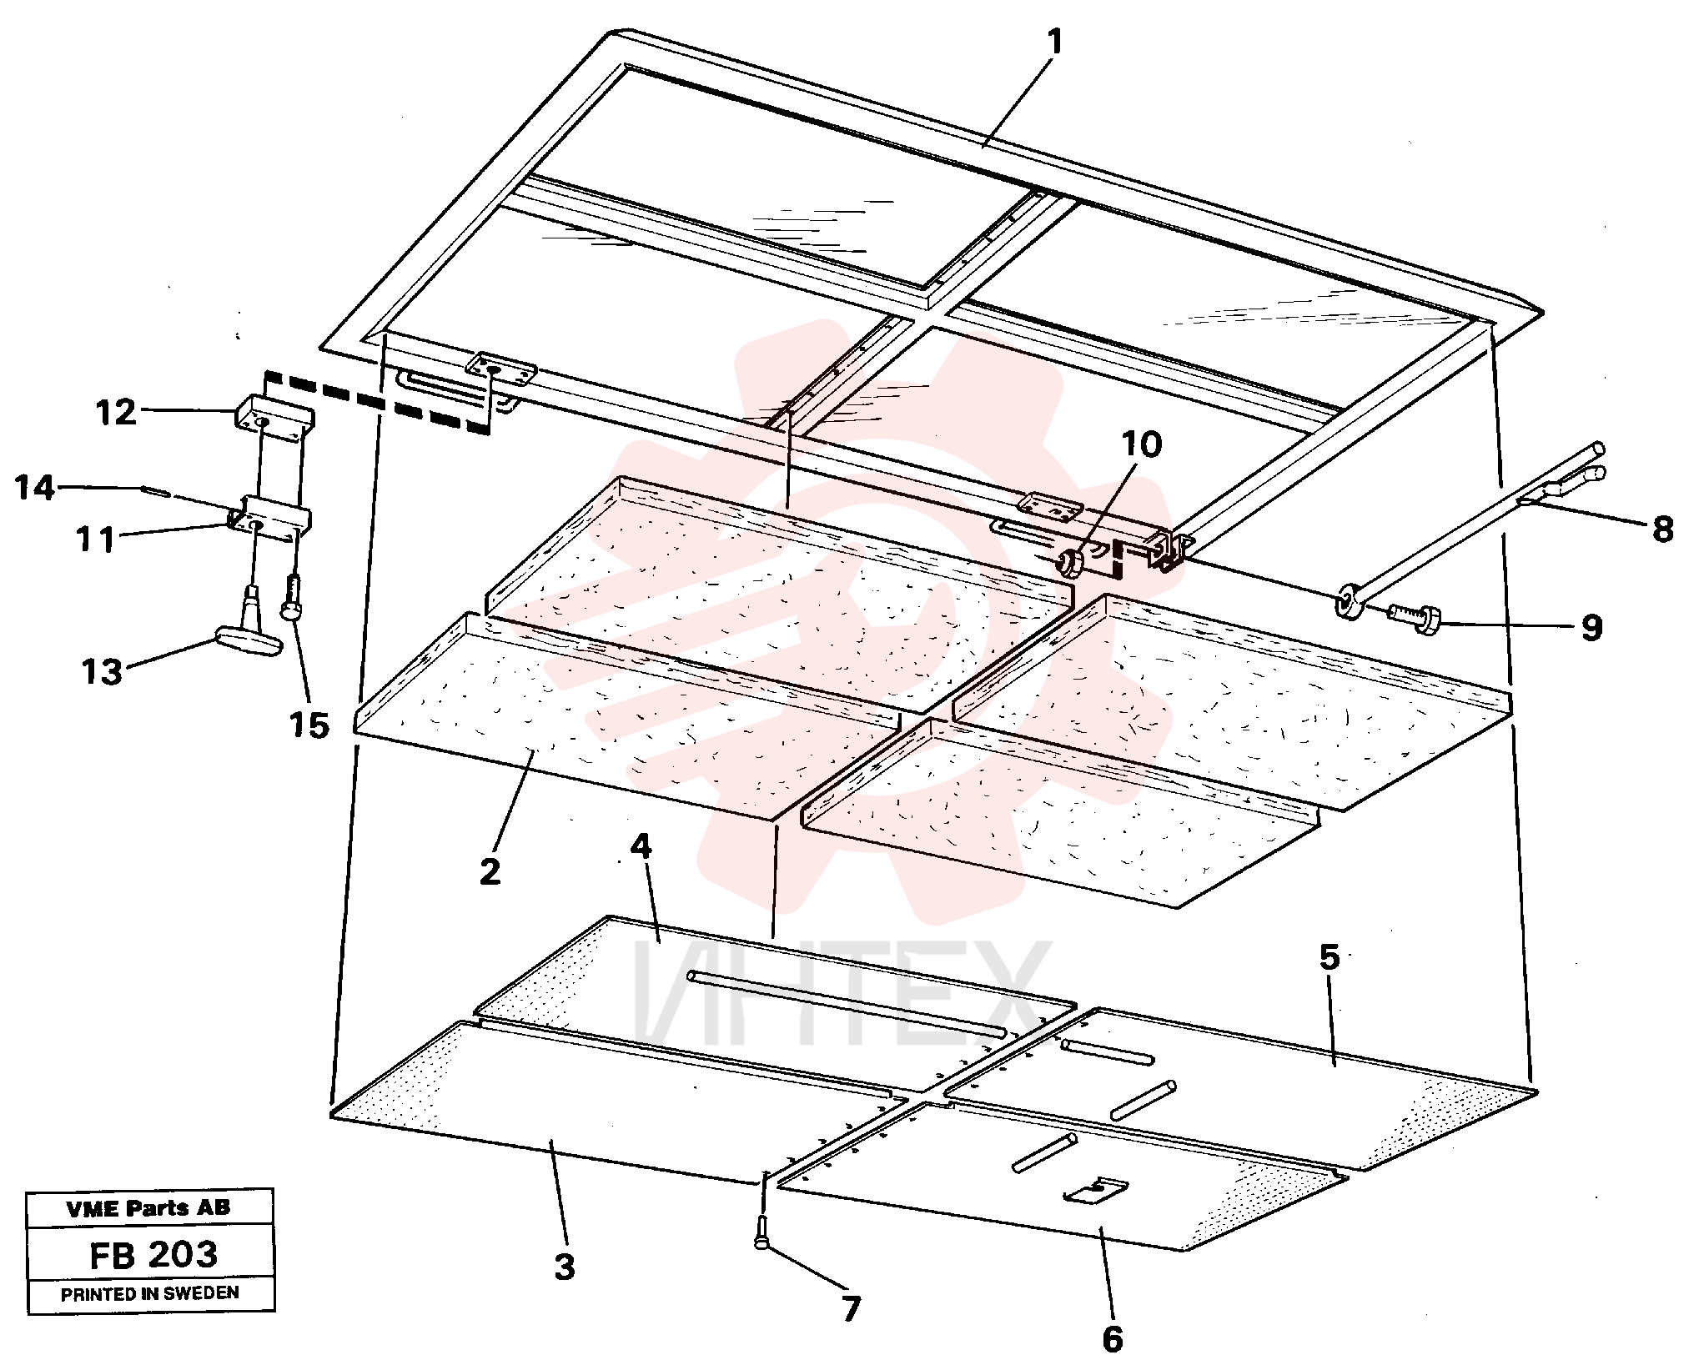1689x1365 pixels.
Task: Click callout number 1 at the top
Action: [x=1055, y=42]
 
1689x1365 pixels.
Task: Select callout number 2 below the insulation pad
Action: [x=490, y=871]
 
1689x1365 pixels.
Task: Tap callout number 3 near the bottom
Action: [x=565, y=1267]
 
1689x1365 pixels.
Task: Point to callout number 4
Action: [x=641, y=846]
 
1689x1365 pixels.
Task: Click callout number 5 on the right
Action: [x=1329, y=956]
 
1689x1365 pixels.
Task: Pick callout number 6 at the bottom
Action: [x=1113, y=1340]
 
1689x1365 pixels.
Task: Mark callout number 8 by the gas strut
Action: [x=1662, y=529]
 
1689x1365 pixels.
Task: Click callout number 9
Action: [x=1591, y=627]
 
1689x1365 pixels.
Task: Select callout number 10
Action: [x=1141, y=444]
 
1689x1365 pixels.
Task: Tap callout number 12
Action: [x=116, y=412]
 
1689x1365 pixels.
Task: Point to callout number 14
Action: [x=34, y=488]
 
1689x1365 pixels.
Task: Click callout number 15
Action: [x=309, y=725]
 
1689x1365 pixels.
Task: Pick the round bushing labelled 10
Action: [x=1070, y=563]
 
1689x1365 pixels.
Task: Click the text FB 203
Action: [x=153, y=1254]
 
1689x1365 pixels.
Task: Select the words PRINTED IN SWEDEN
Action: [x=150, y=1293]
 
